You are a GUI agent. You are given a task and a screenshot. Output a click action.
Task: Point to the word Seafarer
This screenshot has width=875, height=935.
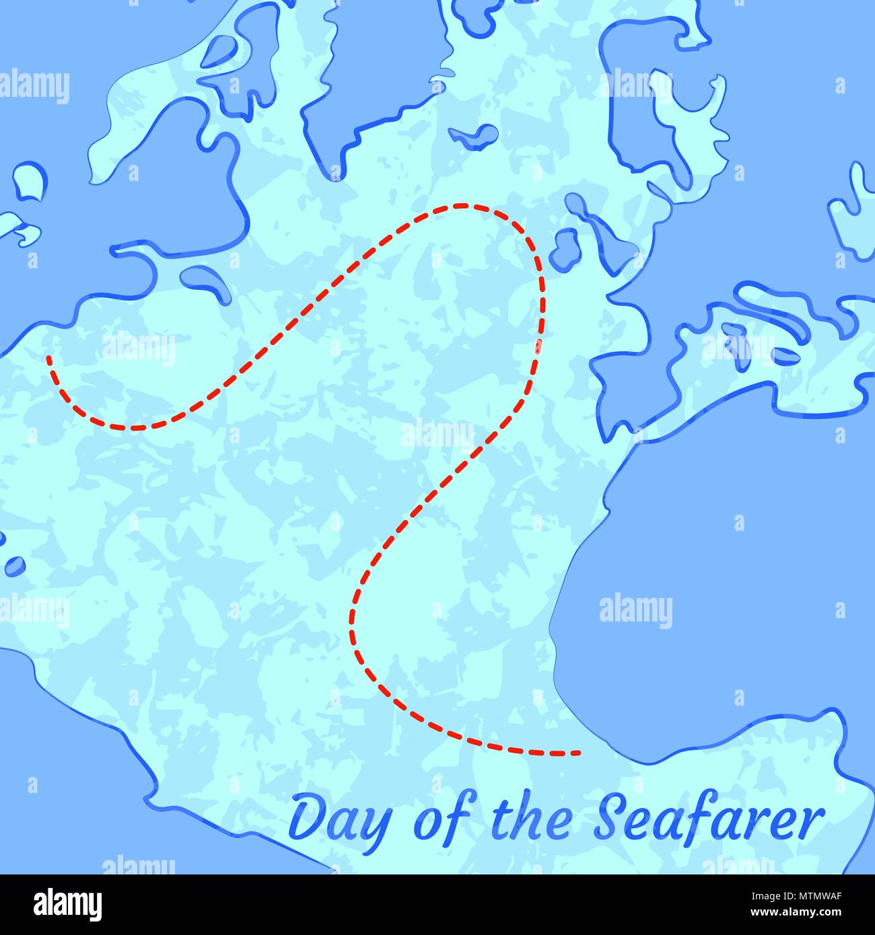710,817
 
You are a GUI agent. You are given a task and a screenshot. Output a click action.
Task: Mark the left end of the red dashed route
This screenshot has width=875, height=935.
48,358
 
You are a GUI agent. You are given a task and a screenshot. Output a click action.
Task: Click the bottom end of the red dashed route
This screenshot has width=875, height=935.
575,753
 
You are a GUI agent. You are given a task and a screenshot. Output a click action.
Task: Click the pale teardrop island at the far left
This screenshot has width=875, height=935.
29,180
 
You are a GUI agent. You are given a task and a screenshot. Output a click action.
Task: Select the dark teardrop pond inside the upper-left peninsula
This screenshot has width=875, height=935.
219,52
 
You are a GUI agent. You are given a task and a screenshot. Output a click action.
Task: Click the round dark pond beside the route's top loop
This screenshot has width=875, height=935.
564,248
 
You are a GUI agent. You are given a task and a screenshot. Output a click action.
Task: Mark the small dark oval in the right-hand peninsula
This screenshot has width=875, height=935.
781,354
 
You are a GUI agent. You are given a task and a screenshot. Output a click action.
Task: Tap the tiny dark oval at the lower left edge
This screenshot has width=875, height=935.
13,566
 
